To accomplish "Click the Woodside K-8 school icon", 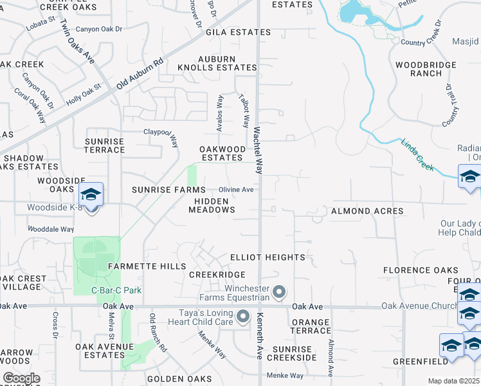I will click(x=91, y=195).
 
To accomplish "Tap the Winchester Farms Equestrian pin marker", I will click(x=278, y=293).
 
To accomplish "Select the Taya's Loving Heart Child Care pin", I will click(x=243, y=317).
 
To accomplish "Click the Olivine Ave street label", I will click(x=236, y=190).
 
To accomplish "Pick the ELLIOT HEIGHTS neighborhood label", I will click(x=268, y=257).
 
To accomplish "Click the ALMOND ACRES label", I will click(x=367, y=211).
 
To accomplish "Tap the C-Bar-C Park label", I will click(x=116, y=291).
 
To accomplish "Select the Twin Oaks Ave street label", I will click(x=77, y=41).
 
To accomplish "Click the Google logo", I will click(x=22, y=378).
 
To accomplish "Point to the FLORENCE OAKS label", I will click(x=421, y=270).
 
